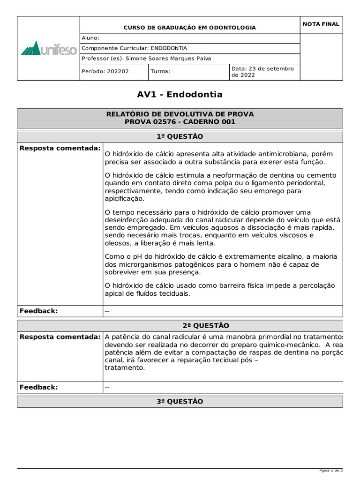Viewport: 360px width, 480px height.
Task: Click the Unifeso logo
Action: click(x=49, y=48)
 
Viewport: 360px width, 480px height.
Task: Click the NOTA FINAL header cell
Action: click(x=321, y=24)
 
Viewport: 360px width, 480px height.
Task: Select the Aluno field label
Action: click(x=90, y=38)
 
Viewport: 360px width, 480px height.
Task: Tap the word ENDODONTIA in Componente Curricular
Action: click(x=169, y=48)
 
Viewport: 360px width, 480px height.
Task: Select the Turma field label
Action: click(x=160, y=72)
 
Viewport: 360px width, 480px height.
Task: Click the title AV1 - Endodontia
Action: click(x=180, y=95)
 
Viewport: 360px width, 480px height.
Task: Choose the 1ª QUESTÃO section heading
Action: click(x=180, y=136)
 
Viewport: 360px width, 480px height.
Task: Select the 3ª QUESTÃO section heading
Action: click(x=180, y=402)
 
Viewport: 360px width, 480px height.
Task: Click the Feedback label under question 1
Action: click(x=38, y=311)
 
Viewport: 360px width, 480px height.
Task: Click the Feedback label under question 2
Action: click(x=38, y=387)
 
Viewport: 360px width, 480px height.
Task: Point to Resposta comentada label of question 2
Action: click(x=60, y=337)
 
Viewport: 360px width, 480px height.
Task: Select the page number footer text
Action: click(x=331, y=470)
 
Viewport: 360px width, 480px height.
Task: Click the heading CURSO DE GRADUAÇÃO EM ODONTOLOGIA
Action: click(x=189, y=28)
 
